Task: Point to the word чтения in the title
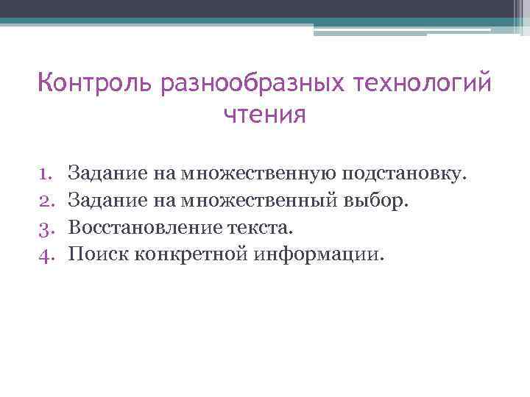[264, 115]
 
